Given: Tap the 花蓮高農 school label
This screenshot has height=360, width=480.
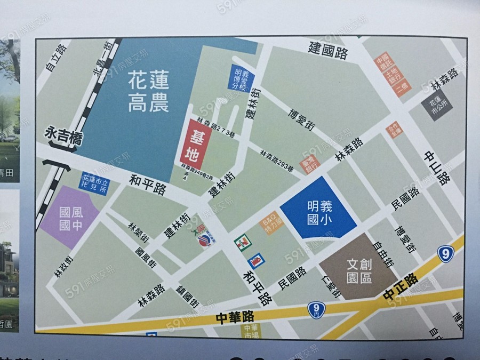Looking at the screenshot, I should pos(148,93).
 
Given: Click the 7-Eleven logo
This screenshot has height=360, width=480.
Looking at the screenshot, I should pos(243,243).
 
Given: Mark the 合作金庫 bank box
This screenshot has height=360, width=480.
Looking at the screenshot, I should pos(395,131).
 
